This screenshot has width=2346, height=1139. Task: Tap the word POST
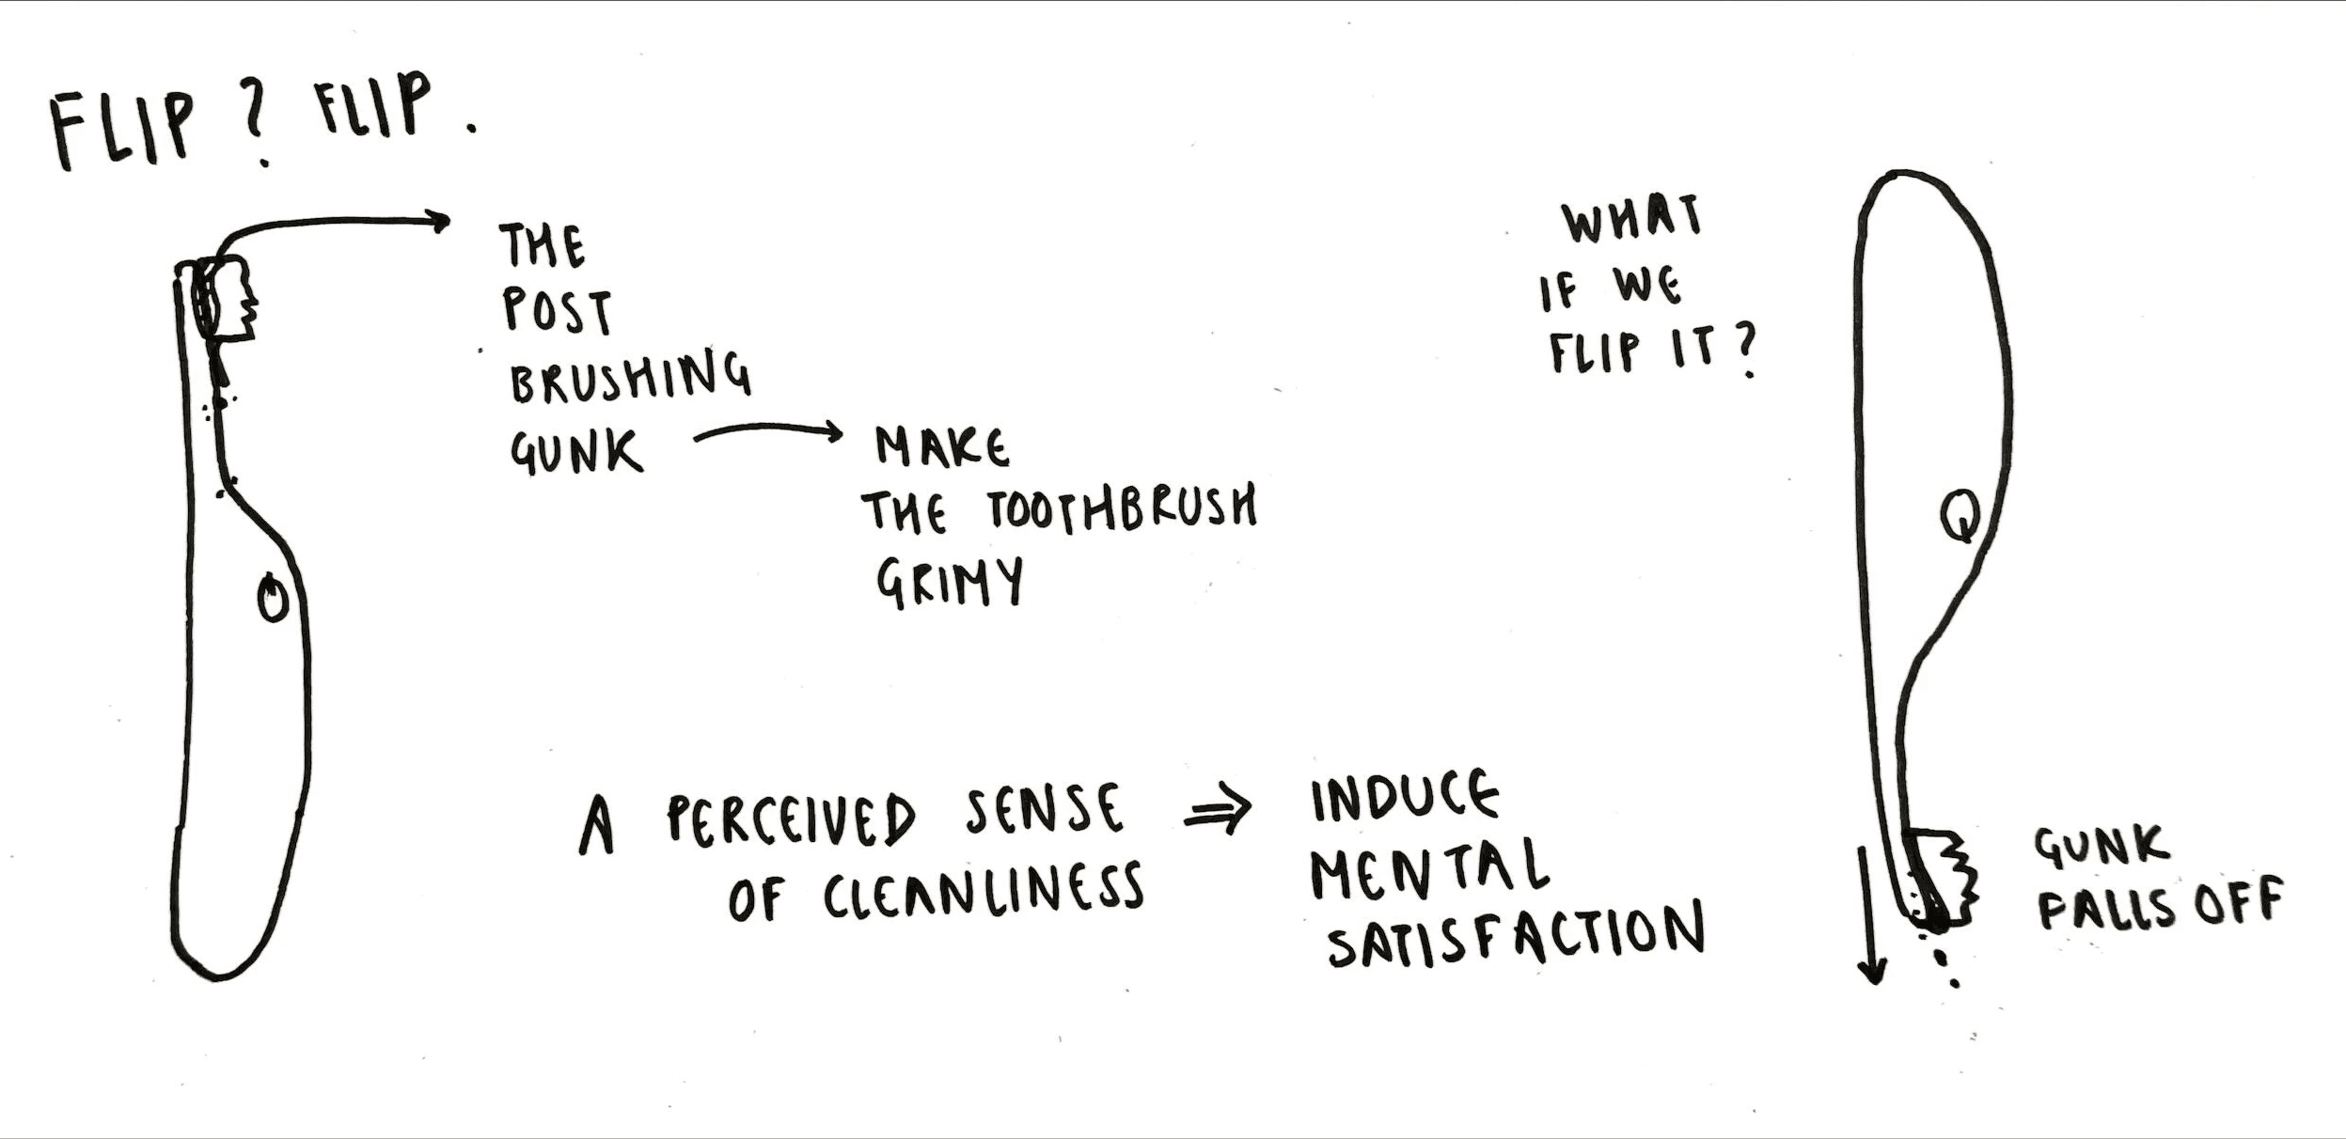558,311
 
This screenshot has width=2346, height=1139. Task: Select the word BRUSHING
630,377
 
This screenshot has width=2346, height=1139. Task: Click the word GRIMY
950,583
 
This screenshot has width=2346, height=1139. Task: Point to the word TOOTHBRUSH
1122,508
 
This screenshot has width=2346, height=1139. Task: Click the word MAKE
942,446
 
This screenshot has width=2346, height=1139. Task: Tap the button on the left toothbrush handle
274,598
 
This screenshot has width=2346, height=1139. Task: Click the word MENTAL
1429,866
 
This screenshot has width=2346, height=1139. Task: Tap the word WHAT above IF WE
1632,218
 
